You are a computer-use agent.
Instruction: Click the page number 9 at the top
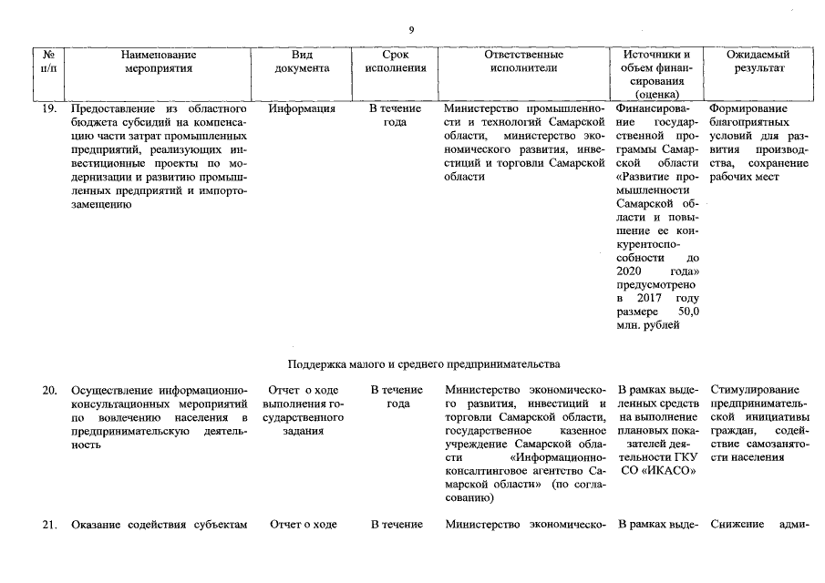tap(412, 30)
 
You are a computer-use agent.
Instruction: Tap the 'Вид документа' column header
tap(303, 62)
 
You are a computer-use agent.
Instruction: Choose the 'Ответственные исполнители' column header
tap(524, 62)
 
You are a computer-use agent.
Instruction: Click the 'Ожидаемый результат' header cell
tap(757, 62)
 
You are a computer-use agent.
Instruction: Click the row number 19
tap(51, 108)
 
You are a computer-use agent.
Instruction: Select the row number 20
tap(51, 391)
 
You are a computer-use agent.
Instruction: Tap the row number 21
tap(51, 524)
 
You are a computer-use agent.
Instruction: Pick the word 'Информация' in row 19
tap(303, 108)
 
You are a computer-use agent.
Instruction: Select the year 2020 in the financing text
tap(629, 271)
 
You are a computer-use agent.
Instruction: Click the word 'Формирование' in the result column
tap(748, 108)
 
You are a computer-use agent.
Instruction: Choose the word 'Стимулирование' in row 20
tap(754, 391)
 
